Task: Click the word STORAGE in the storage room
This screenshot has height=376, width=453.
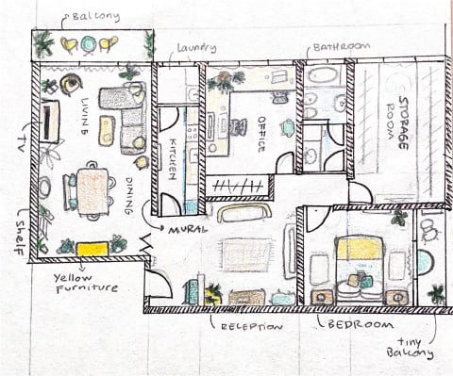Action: [x=403, y=123]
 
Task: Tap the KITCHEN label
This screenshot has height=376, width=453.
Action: [x=172, y=158]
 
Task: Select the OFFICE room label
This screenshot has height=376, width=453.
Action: [x=261, y=135]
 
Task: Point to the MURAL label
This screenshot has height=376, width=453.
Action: [x=188, y=230]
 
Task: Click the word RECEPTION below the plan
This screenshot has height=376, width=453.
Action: [x=252, y=327]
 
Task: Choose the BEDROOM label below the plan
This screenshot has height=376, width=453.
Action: [x=361, y=324]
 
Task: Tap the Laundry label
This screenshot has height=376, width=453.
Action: [x=196, y=48]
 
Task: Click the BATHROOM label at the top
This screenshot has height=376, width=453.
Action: [x=342, y=47]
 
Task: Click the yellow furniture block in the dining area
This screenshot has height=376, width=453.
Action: [x=92, y=249]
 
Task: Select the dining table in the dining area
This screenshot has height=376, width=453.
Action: [x=92, y=191]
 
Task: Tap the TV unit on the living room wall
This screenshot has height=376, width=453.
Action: [x=49, y=122]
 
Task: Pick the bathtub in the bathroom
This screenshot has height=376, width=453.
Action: [x=323, y=75]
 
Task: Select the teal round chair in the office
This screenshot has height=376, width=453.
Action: [x=288, y=127]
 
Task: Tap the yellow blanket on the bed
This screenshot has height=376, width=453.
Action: [x=360, y=249]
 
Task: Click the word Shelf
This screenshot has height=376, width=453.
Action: [x=21, y=237]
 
